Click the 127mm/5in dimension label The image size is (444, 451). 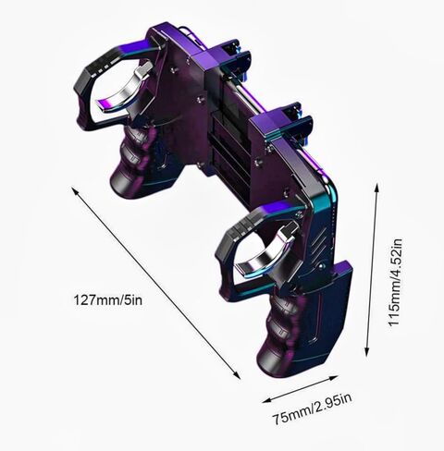click(x=108, y=300)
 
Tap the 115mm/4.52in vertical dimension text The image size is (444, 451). click(x=395, y=282)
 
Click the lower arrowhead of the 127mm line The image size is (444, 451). click(x=237, y=375)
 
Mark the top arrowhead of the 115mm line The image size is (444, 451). click(x=376, y=187)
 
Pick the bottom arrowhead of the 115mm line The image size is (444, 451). click(x=366, y=352)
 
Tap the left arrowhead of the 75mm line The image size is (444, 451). click(x=266, y=400)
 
